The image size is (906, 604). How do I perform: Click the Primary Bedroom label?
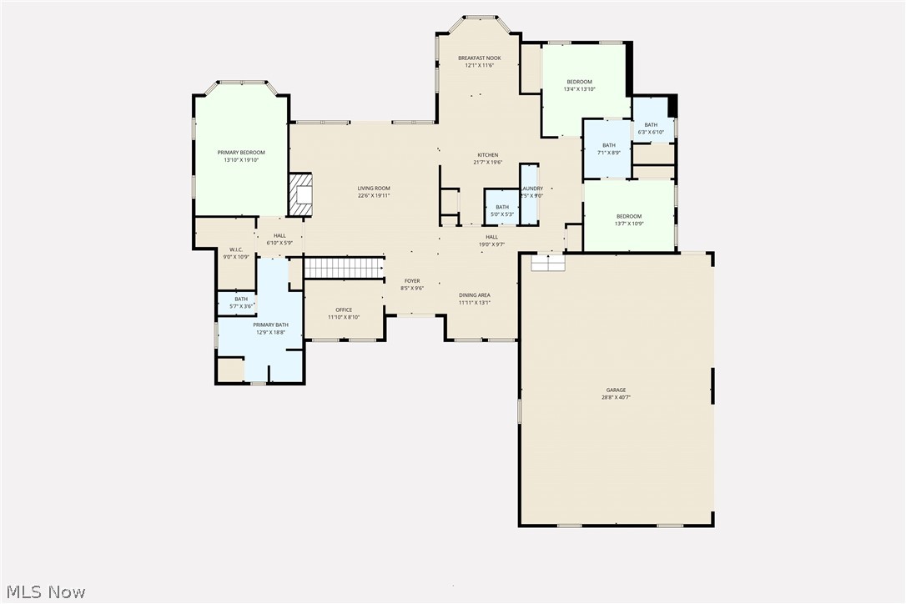pyautogui.click(x=241, y=153)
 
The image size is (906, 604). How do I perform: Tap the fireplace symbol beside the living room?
pyautogui.click(x=299, y=194)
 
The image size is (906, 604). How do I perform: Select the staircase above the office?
pyautogui.click(x=343, y=268)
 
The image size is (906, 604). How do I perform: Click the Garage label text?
pyautogui.click(x=616, y=390)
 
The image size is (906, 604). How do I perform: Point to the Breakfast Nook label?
pyautogui.click(x=480, y=58)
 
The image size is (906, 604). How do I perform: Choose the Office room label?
pyautogui.click(x=343, y=310)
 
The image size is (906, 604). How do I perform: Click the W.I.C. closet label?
pyautogui.click(x=236, y=249)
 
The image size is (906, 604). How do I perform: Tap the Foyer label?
pyautogui.click(x=412, y=281)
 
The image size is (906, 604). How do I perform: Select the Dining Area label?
pyautogui.click(x=474, y=295)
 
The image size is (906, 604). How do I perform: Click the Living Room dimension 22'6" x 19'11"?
pyautogui.click(x=374, y=196)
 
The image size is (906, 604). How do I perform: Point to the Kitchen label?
pyautogui.click(x=487, y=155)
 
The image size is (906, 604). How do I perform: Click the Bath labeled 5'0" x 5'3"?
pyautogui.click(x=502, y=208)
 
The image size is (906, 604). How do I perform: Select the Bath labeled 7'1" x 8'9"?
pyautogui.click(x=609, y=145)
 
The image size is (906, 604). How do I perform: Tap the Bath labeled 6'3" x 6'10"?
pyautogui.click(x=651, y=125)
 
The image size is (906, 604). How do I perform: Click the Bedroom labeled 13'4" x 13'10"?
pyautogui.click(x=579, y=82)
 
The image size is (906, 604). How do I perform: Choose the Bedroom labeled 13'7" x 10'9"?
pyautogui.click(x=629, y=216)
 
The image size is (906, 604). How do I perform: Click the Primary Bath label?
pyautogui.click(x=270, y=325)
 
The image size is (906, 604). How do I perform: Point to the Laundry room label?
pyautogui.click(x=531, y=189)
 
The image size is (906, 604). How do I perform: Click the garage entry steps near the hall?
pyautogui.click(x=549, y=262)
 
